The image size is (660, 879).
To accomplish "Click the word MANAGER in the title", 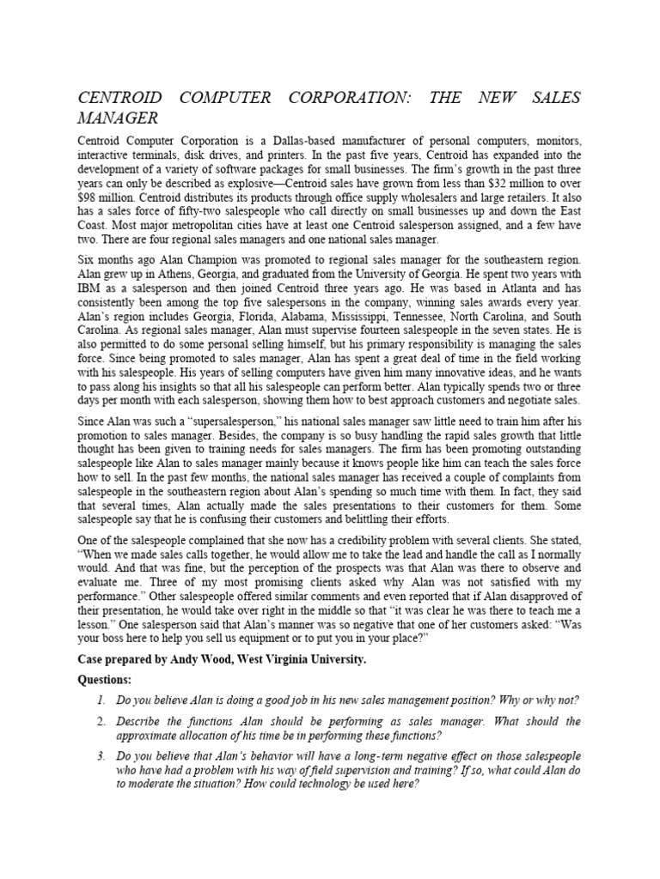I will [x=116, y=117].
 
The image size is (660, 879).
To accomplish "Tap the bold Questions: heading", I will [x=108, y=679].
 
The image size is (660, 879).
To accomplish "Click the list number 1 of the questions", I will [x=101, y=700].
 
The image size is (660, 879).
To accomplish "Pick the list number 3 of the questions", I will [x=101, y=755].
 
